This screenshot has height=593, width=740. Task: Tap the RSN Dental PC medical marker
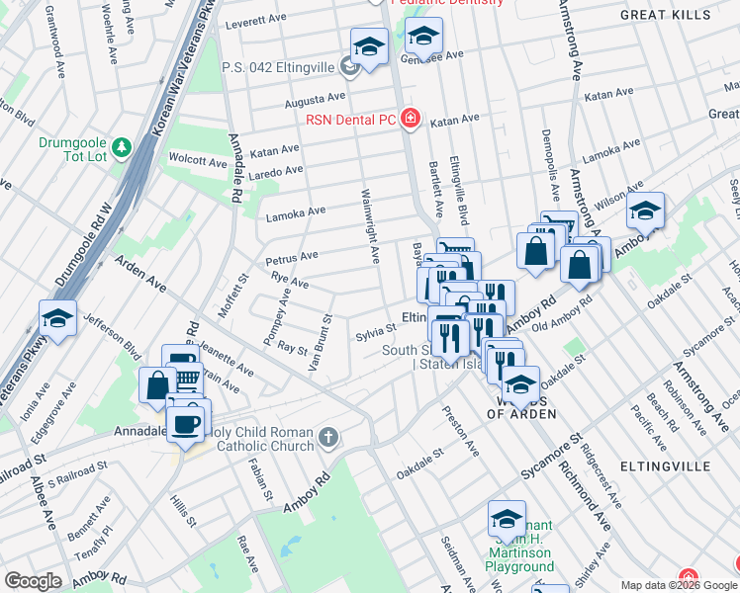coord(411,121)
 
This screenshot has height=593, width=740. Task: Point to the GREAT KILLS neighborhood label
coord(679,15)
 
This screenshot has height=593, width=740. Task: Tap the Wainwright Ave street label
coord(369,226)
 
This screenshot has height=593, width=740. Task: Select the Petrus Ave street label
coord(292,258)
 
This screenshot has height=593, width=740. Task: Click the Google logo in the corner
coord(33,581)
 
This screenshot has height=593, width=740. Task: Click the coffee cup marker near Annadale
coord(186,422)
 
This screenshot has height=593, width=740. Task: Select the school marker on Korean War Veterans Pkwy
coord(58,318)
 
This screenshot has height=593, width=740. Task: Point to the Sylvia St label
coord(376,331)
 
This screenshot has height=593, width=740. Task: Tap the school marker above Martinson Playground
coord(506,518)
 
